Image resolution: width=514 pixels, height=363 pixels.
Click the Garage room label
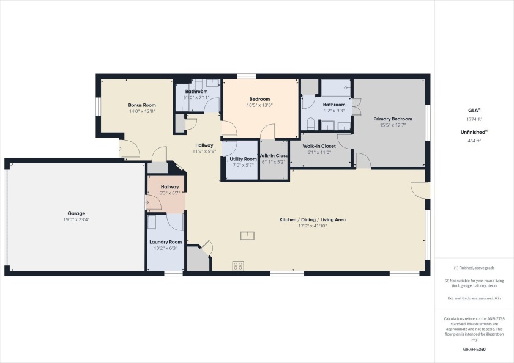pos(76,213)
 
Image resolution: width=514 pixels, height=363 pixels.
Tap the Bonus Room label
pos(142,105)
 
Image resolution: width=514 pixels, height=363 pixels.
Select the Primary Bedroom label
pos(393,119)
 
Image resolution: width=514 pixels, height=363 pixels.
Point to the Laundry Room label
pos(166,242)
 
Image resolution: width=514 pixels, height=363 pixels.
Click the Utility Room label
pos(243,159)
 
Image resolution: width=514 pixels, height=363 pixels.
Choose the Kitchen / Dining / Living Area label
pos(313,219)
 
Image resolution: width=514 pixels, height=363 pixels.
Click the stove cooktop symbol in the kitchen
pos(238,266)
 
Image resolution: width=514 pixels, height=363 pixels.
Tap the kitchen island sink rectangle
pos(247,236)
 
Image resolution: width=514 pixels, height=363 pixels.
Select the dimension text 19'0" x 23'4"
pos(76,219)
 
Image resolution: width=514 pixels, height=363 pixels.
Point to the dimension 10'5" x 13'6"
pos(259,105)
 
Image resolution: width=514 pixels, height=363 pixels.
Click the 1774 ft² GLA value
pos(474,119)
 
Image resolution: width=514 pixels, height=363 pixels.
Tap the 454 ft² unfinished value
pos(474,141)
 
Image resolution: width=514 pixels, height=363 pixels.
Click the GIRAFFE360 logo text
pos(474,350)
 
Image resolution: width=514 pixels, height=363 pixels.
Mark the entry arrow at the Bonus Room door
pos(120,149)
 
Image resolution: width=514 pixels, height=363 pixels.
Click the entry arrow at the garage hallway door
pos(147,202)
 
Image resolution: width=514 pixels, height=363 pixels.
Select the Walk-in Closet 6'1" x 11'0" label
pos(319,149)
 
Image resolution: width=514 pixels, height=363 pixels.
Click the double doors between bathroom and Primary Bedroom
pos(357,106)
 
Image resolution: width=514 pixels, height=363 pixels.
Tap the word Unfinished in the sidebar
pos(472,132)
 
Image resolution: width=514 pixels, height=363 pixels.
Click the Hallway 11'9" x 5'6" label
pos(204,148)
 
